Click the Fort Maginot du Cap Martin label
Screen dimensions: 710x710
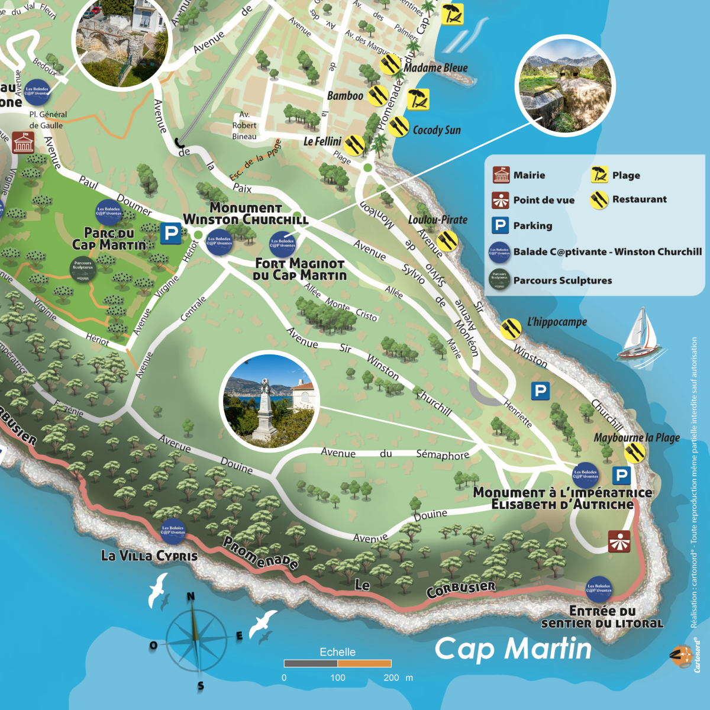(300, 269)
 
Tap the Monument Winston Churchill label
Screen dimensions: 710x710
(246, 214)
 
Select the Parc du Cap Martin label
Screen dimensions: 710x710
(109, 238)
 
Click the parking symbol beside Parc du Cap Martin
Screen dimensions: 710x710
(171, 233)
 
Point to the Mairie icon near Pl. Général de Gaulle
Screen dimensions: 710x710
(24, 142)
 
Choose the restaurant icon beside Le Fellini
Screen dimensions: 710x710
(354, 144)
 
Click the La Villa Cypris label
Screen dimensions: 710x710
(149, 556)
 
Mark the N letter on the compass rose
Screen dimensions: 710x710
(191, 596)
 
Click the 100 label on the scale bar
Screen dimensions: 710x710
(338, 677)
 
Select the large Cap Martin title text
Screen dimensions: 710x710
(513, 648)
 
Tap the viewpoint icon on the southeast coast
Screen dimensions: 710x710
(619, 541)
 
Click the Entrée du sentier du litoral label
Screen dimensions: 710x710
(602, 617)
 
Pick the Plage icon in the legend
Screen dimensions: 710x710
(599, 175)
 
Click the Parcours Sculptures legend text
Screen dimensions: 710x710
(562, 280)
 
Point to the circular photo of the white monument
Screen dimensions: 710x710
(269, 401)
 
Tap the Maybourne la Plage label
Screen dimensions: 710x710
(637, 438)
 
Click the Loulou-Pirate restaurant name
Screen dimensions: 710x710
(437, 220)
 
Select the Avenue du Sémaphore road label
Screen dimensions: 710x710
(395, 454)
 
